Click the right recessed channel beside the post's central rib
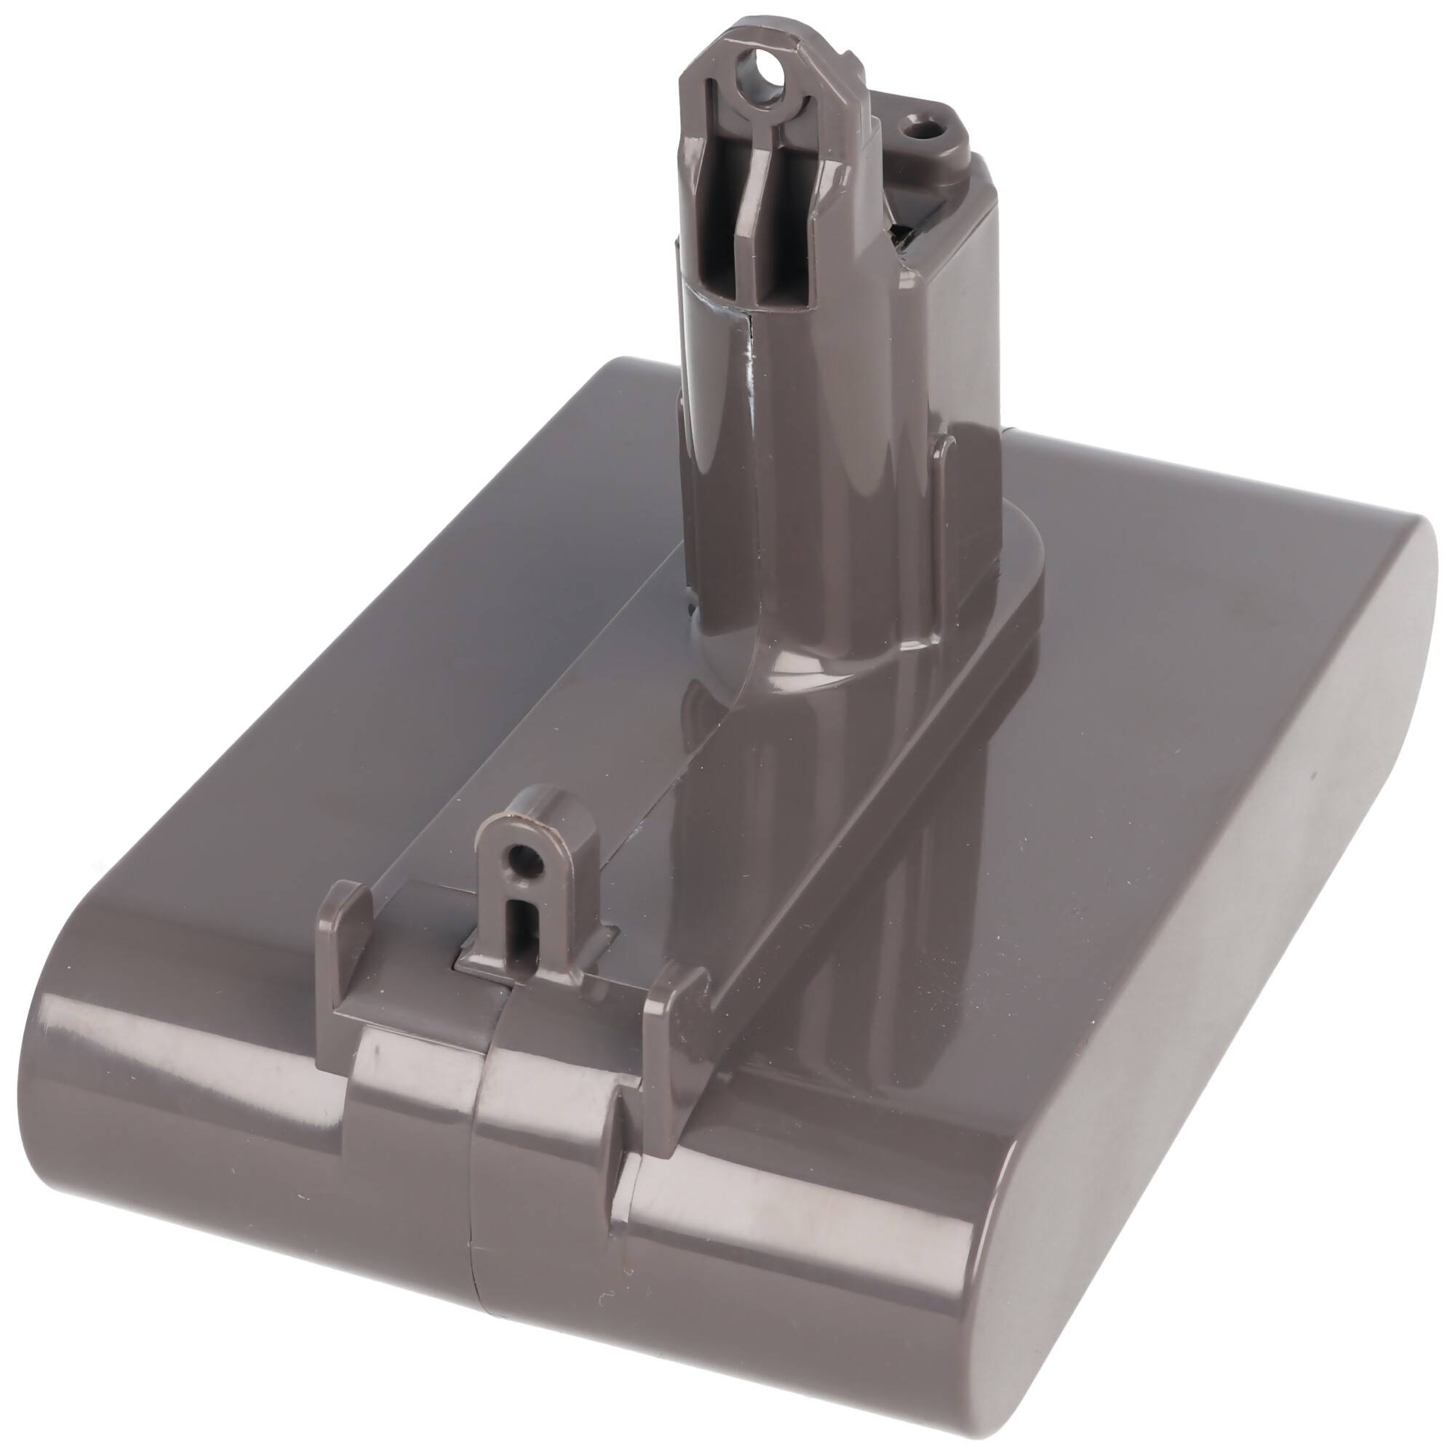[x=784, y=256]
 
